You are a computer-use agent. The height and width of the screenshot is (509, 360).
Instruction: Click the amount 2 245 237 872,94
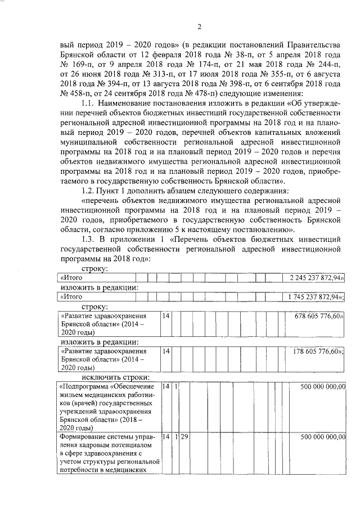(317, 278)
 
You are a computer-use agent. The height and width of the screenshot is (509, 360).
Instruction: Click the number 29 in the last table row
(183, 437)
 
